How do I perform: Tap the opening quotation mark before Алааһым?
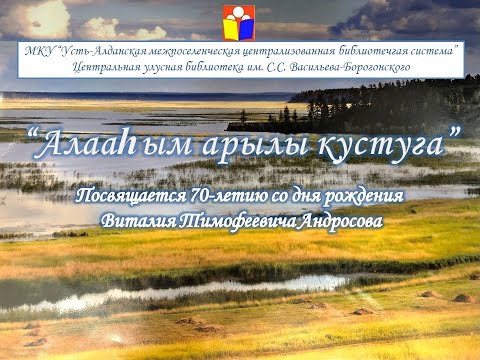point(36,135)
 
